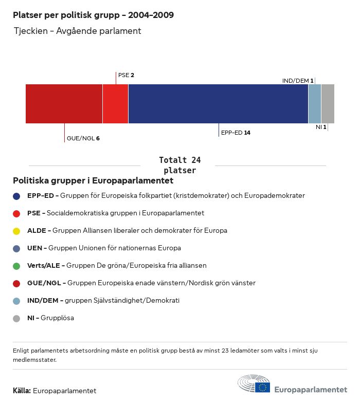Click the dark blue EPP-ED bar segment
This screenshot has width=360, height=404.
218,104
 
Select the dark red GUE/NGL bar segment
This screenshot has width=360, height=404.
64,104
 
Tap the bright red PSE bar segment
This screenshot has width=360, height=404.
115,104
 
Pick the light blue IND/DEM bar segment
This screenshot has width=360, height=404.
314,104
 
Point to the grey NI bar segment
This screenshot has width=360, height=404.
328,104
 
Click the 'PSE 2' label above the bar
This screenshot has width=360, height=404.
126,75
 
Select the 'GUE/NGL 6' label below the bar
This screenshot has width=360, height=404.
83,138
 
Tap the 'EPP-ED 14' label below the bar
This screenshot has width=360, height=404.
236,133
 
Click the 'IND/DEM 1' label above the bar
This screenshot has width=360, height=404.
298,81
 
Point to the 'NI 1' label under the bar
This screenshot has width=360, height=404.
321,126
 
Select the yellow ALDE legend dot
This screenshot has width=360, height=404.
16,231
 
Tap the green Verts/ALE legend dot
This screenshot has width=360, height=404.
16,266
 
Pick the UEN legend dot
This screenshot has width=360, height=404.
16,248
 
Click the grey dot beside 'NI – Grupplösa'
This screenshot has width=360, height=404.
16,318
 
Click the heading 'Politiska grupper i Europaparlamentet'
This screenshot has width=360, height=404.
93,181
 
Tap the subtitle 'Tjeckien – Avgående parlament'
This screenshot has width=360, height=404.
77,31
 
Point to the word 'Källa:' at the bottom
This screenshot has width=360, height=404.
22,391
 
